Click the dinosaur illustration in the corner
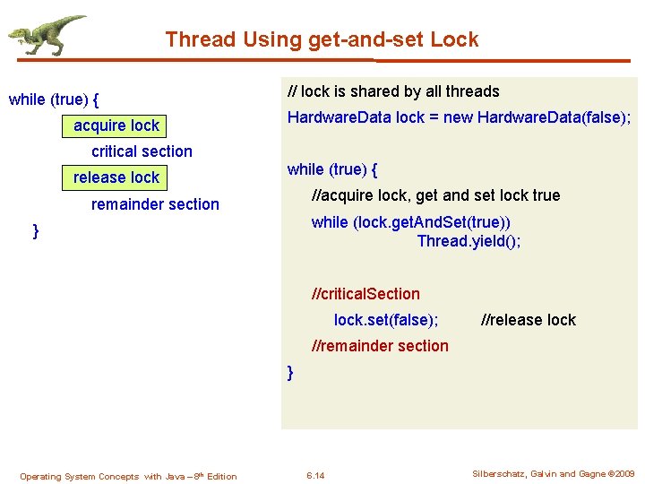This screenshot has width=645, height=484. [47, 36]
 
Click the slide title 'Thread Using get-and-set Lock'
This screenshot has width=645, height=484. [322, 39]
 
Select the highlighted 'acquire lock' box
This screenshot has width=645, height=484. [116, 125]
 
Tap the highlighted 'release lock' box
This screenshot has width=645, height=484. [116, 177]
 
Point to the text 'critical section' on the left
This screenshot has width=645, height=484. [142, 151]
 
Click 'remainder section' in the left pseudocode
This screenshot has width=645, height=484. [155, 204]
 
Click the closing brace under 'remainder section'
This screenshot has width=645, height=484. [36, 231]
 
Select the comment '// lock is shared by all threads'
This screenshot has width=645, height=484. [392, 91]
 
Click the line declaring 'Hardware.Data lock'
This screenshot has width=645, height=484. [459, 117]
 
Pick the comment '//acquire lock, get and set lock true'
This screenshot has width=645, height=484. [435, 195]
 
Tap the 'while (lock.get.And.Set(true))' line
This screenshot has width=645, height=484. [411, 222]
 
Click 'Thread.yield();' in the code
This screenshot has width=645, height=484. [469, 241]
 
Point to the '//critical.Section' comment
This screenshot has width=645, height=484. [365, 294]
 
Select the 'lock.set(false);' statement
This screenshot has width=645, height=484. [386, 320]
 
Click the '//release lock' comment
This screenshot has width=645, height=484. [529, 320]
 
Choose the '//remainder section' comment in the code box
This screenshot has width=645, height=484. [379, 346]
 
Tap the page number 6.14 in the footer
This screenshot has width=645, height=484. [315, 475]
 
